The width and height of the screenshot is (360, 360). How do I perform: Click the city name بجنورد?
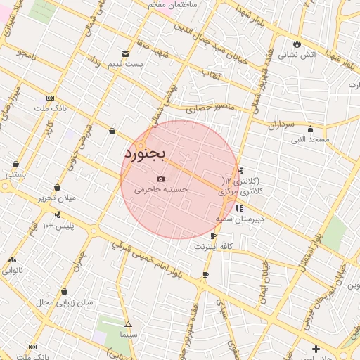[x=144, y=152]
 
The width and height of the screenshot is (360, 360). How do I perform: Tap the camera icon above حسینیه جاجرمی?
[x=161, y=179]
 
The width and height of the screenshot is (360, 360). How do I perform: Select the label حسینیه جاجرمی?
[x=161, y=190]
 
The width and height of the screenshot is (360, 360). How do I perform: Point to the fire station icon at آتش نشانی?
[x=297, y=44]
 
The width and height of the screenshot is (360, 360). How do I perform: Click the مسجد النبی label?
[x=311, y=139]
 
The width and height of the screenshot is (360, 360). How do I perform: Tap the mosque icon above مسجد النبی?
[x=310, y=129]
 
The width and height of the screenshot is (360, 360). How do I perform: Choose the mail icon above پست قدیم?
[x=126, y=54]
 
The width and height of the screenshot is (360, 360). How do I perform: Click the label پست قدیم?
[x=125, y=65]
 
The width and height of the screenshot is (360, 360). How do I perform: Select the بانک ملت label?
[x=50, y=108]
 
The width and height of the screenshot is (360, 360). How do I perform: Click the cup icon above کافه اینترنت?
[x=213, y=236]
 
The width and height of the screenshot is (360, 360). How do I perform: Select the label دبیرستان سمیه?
[x=240, y=219]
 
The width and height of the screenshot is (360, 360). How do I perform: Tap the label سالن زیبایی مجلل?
[x=65, y=302]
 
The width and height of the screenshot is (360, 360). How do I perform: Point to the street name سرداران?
[x=279, y=124]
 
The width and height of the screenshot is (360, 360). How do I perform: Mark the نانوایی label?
[x=13, y=269]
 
